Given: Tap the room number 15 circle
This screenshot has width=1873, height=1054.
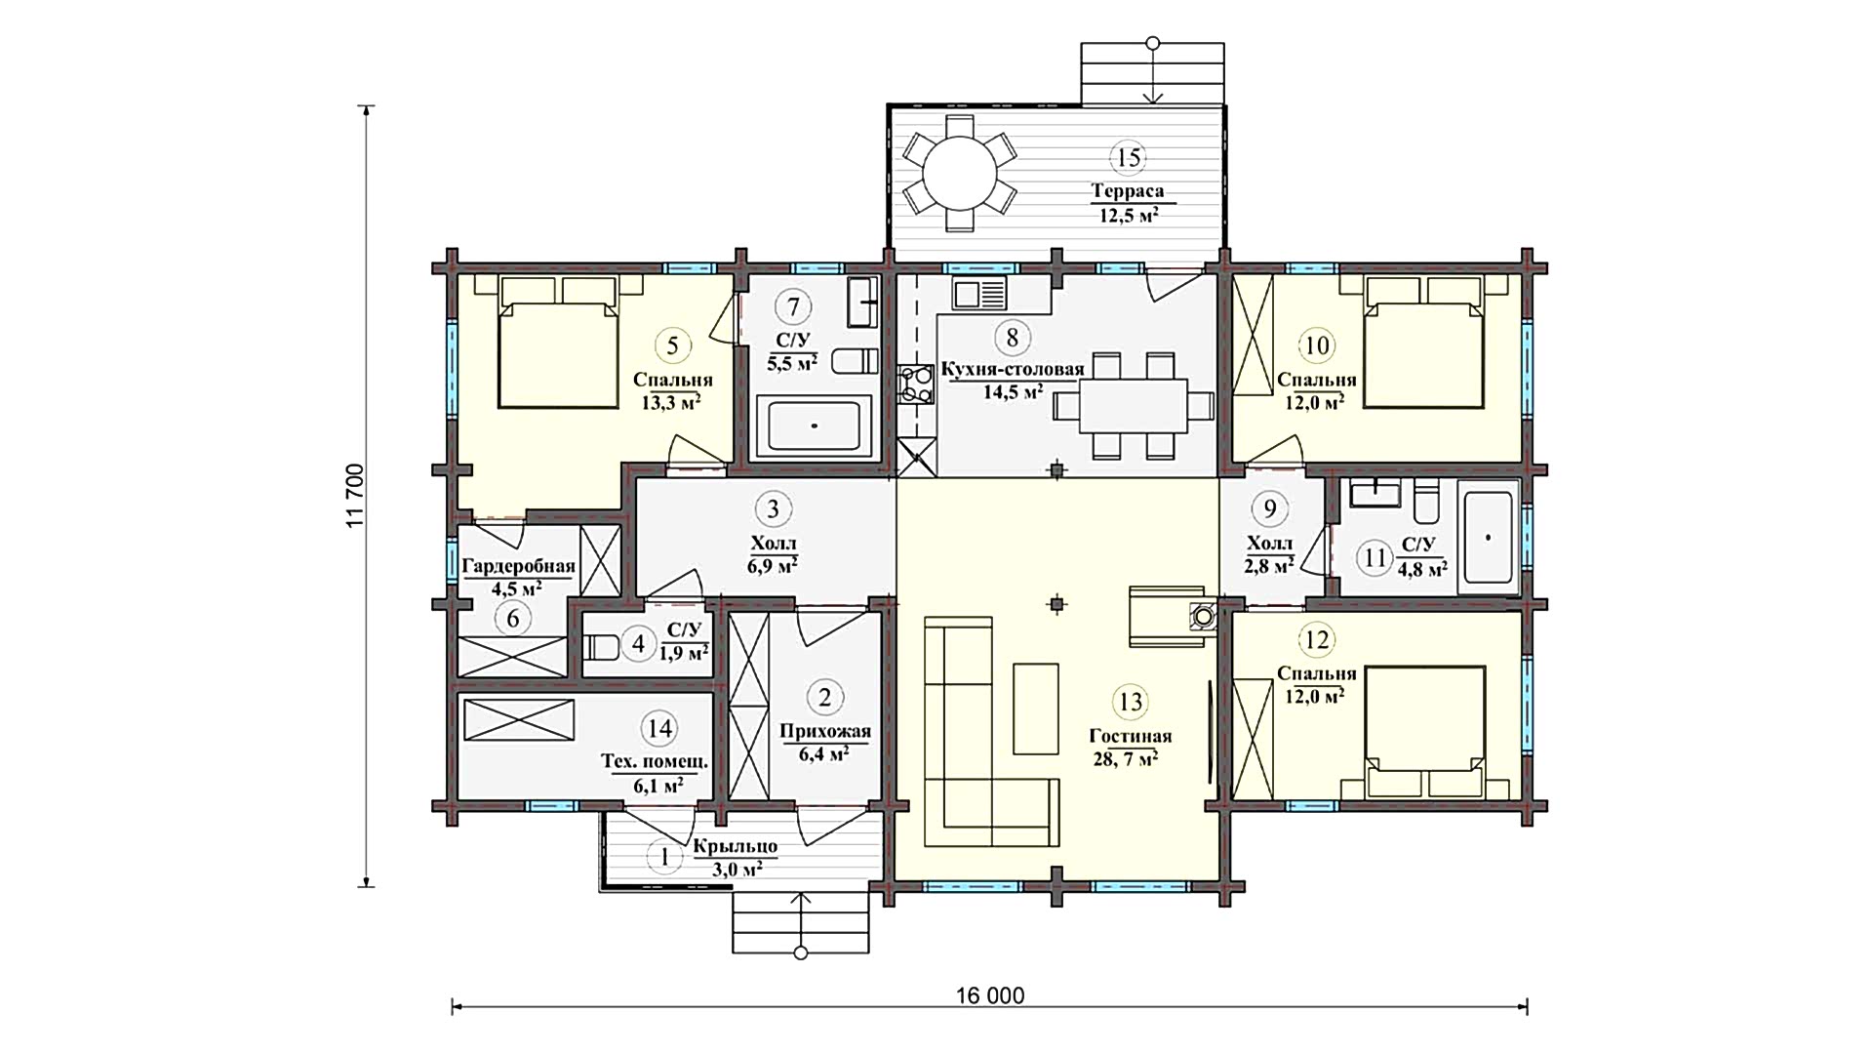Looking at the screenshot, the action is (1129, 157).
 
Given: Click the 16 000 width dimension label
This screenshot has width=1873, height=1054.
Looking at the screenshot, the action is (990, 995).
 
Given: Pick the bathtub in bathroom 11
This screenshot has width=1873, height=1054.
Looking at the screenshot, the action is (1487, 538).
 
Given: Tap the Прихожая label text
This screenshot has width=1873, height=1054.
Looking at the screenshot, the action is (824, 732).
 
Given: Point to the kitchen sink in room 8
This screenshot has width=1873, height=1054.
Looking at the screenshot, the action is (979, 294).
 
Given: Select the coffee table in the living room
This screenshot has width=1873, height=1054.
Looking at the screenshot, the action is (1036, 709).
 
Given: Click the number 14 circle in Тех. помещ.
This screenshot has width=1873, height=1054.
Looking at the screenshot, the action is (660, 727).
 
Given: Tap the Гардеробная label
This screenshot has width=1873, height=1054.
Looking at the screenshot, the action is (518, 566).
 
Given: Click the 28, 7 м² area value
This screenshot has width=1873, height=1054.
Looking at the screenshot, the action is (1126, 759).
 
